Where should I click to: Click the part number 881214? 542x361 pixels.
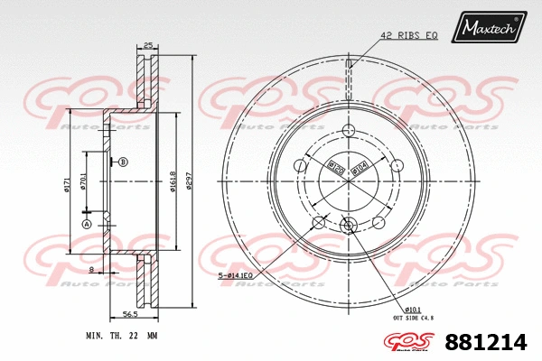485,342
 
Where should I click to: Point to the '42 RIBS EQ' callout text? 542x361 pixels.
408,35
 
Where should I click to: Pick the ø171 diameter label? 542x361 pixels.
67,185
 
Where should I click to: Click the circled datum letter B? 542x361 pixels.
124,162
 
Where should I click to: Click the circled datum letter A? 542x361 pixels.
87,224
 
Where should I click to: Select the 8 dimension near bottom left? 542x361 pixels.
91,269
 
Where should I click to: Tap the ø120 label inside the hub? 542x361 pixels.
332,166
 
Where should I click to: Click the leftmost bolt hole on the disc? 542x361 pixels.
302,165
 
